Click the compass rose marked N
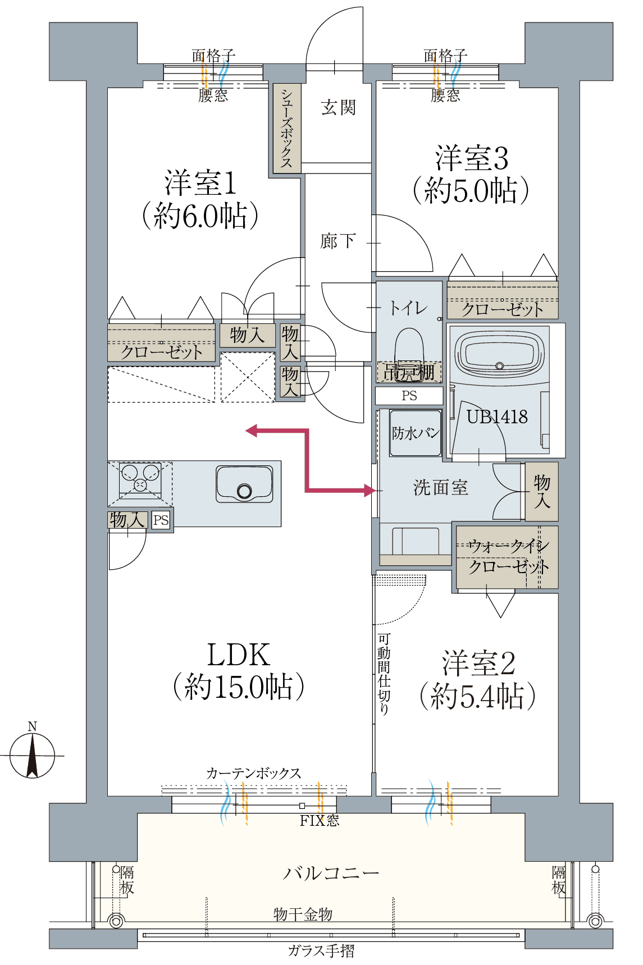click(x=33, y=755)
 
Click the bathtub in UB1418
click(x=499, y=356)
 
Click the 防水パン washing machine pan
click(x=415, y=433)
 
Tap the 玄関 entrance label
click(x=338, y=108)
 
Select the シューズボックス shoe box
click(x=287, y=129)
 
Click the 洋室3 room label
click(x=471, y=158)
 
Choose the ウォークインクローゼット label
click(x=508, y=556)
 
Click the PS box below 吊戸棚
click(x=409, y=396)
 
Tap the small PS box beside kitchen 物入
click(x=161, y=520)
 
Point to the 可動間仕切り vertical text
click(x=384, y=674)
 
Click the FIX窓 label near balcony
click(x=319, y=821)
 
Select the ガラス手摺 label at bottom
click(x=321, y=951)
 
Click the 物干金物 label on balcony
click(x=303, y=914)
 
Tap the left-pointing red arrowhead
click(x=252, y=431)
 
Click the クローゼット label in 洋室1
click(x=161, y=352)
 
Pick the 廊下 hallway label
click(x=338, y=241)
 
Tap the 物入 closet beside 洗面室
click(x=541, y=491)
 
